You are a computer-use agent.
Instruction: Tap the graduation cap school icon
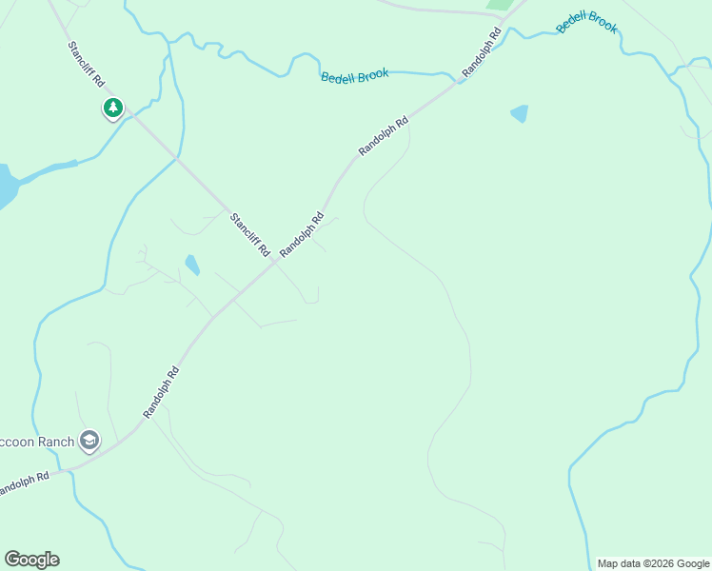(89, 440)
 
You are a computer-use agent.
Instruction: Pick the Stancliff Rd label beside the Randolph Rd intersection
(249, 235)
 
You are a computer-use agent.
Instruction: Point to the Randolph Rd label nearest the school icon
(162, 393)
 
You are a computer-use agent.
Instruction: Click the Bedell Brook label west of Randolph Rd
(354, 76)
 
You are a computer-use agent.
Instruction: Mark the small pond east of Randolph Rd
(519, 113)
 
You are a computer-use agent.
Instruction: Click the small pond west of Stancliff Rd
(192, 265)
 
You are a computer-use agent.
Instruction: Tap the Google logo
(31, 559)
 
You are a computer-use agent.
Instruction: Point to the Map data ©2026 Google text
(653, 563)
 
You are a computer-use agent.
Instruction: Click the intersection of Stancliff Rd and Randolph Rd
(274, 262)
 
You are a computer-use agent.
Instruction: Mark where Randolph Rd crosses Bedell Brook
(461, 80)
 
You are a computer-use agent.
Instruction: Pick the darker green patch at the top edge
(498, 5)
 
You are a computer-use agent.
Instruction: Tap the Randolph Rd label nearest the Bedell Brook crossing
(482, 53)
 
